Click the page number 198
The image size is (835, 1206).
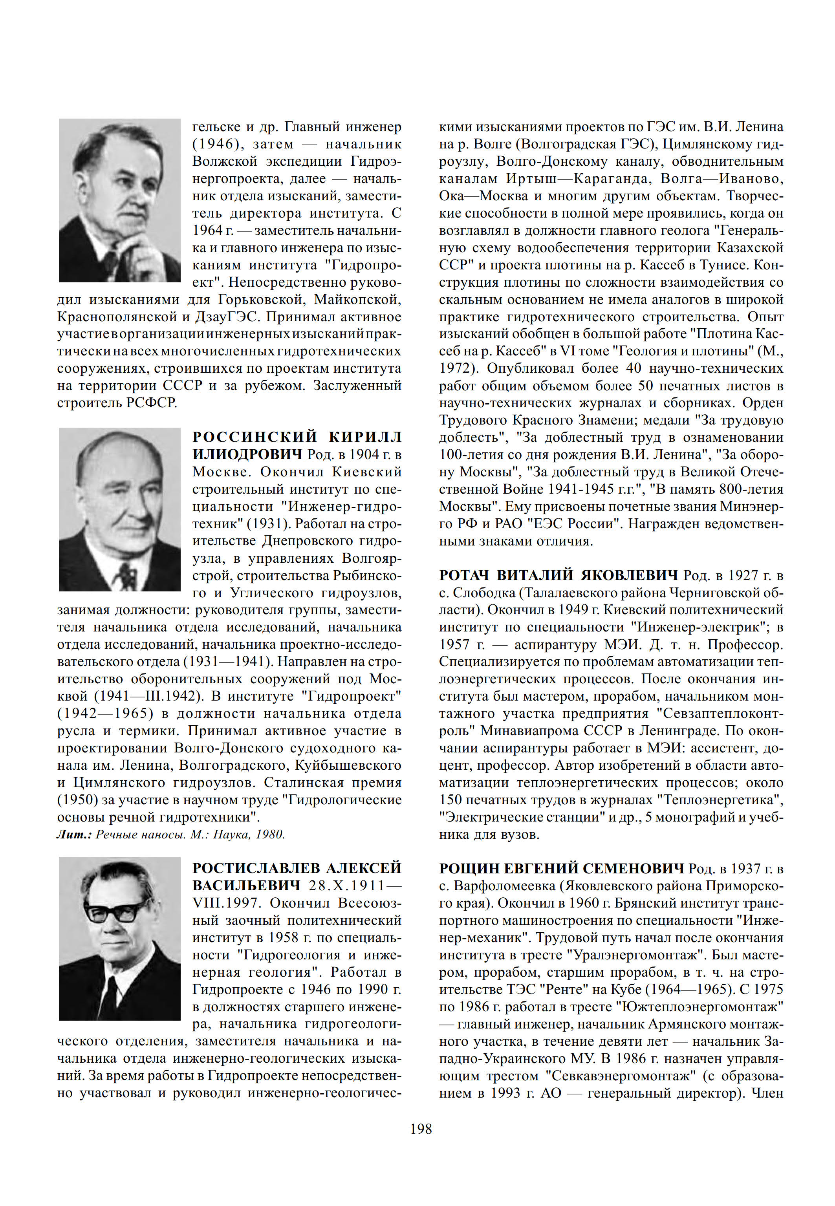421,1129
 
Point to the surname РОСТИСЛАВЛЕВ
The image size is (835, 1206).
256,868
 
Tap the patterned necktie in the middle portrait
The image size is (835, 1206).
126,575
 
